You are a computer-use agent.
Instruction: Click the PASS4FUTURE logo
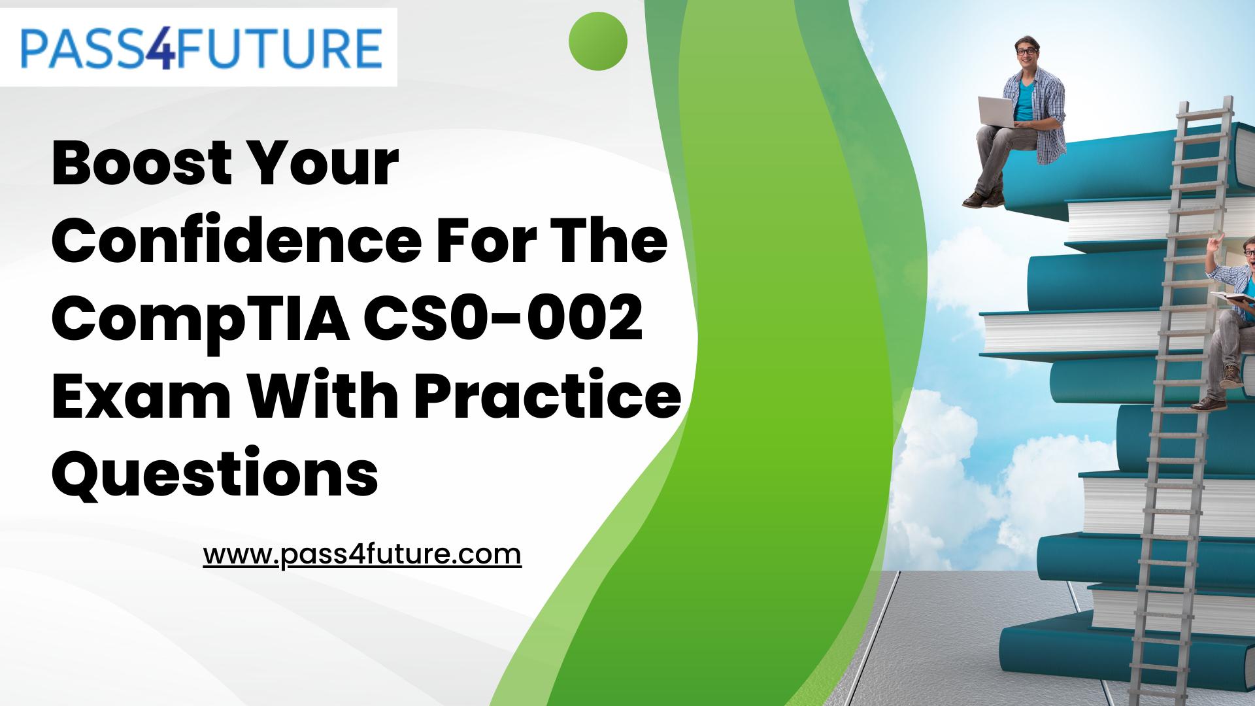pos(200,47)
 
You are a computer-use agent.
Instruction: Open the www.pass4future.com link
pos(362,554)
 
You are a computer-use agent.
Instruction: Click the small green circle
pos(597,41)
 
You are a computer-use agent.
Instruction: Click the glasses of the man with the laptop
pos(1026,51)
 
